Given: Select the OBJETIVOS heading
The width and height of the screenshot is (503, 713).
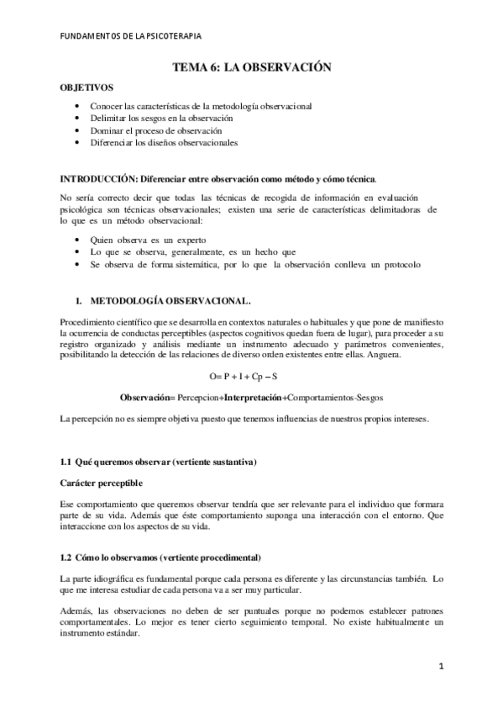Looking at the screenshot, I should (x=86, y=87).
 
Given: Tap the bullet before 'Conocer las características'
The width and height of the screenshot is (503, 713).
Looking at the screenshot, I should (x=78, y=107).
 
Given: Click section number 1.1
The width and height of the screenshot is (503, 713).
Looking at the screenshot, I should (x=68, y=463).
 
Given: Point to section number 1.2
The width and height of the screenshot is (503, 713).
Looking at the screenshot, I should (x=68, y=557).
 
